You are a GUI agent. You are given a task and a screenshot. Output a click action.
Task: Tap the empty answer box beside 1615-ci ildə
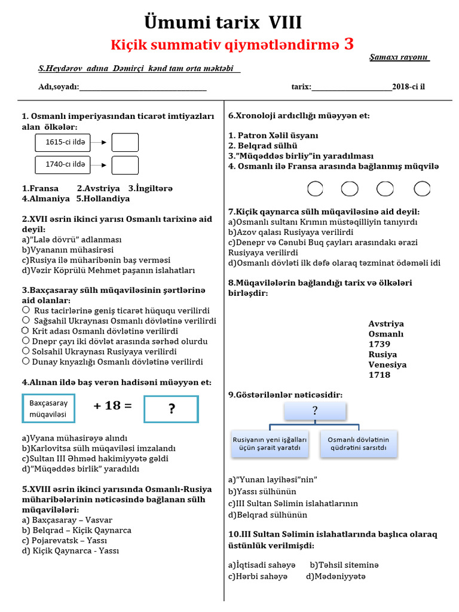[x=125, y=142]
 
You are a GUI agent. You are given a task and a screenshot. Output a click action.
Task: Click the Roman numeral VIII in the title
[x=283, y=23]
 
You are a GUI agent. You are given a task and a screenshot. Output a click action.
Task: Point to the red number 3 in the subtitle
[x=349, y=44]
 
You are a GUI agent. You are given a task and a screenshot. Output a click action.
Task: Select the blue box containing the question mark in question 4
[x=172, y=409]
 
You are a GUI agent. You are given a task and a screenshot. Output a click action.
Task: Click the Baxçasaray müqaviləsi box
[x=48, y=409]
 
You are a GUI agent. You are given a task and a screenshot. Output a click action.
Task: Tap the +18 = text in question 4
[x=112, y=406]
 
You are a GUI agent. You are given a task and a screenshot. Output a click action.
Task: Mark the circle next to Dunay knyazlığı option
[x=26, y=361]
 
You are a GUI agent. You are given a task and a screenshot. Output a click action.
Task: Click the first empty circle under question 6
[x=315, y=189]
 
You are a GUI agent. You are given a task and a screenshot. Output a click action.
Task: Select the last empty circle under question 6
[x=422, y=189]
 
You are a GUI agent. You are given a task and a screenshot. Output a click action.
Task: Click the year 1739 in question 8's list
[x=380, y=344]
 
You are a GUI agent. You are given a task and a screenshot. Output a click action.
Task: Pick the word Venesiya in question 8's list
[x=387, y=365]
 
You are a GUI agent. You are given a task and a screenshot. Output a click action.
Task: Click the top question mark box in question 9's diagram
[x=315, y=411]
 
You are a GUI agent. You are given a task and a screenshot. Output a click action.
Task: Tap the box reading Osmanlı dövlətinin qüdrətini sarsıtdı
[x=358, y=443]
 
